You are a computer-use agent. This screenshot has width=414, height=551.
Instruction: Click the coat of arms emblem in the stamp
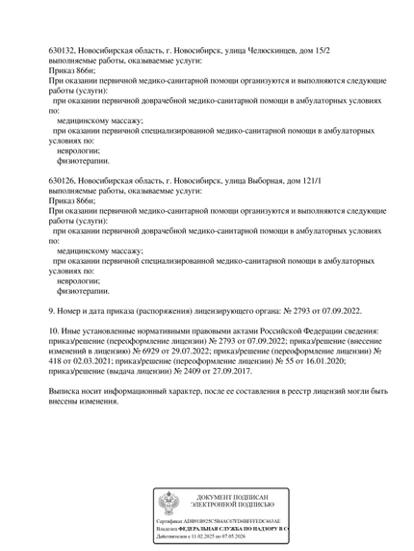(168, 502)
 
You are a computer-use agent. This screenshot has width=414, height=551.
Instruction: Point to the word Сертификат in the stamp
(170, 521)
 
